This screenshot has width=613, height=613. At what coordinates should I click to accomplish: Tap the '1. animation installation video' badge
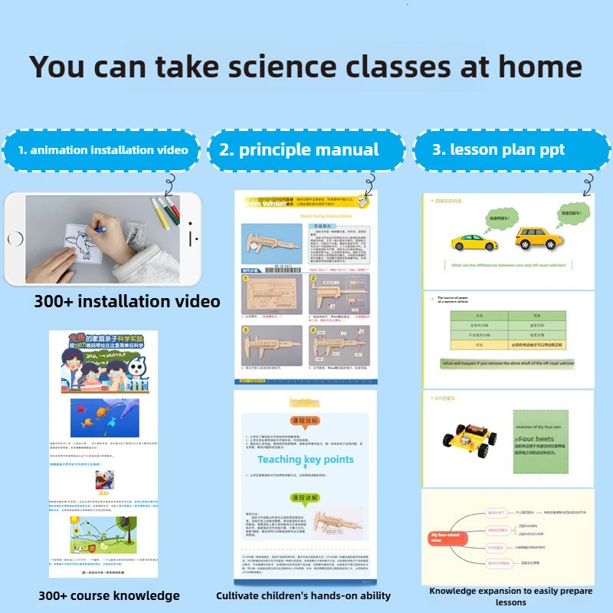tap(103, 150)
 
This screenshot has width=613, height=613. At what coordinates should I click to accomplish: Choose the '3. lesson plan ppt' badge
tap(498, 150)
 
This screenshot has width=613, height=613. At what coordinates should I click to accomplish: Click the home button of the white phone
tap(13, 238)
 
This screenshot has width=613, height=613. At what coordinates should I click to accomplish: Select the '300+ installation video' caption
tap(126, 301)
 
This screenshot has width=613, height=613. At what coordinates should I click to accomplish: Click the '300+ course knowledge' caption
tap(109, 595)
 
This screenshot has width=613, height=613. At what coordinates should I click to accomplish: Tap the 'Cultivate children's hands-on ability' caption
tap(303, 595)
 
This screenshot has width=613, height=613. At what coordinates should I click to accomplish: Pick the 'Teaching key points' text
tap(305, 460)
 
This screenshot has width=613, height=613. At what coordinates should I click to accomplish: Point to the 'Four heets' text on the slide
tap(535, 439)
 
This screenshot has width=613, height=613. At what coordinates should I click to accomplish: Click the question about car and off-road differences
tap(509, 265)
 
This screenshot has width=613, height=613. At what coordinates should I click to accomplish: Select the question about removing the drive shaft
tap(508, 363)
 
